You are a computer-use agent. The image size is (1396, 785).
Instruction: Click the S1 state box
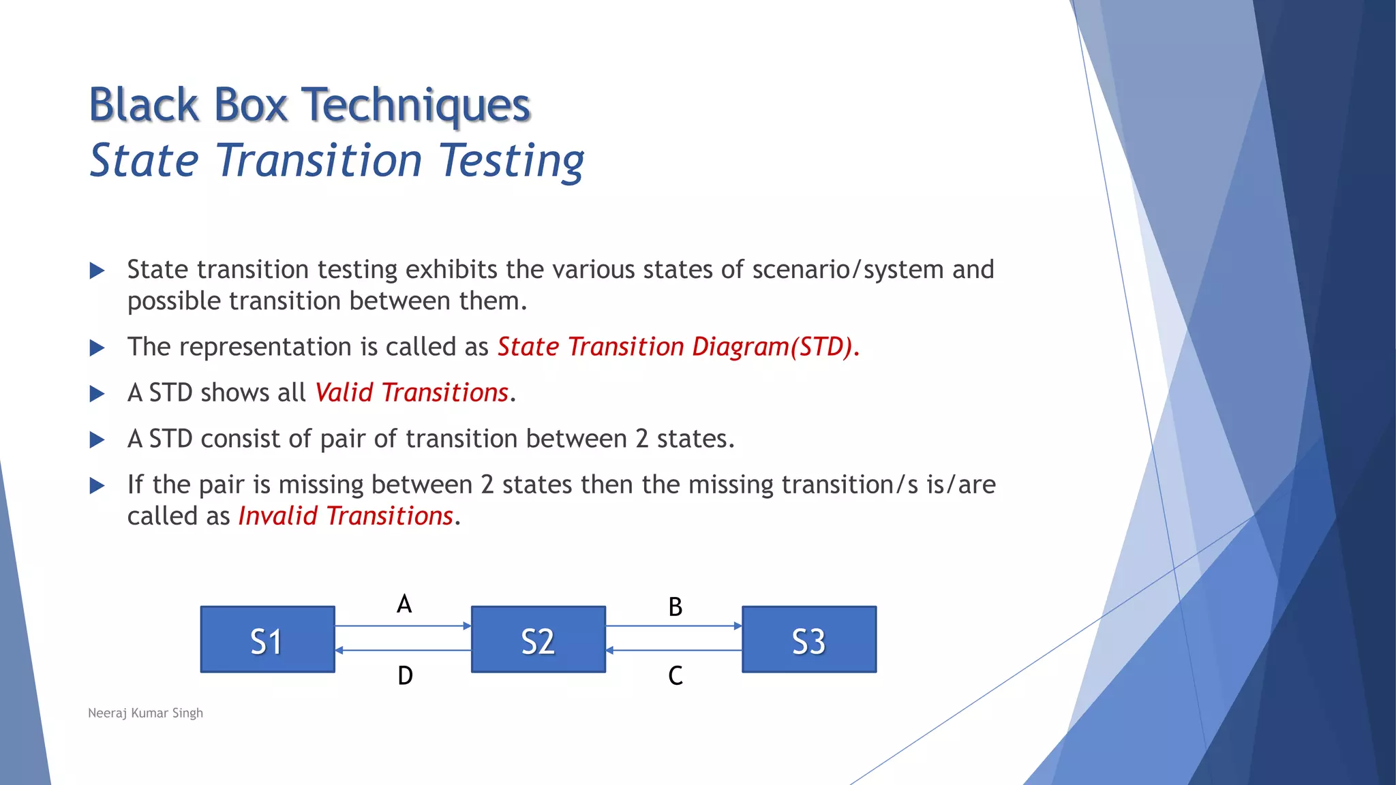[267, 639]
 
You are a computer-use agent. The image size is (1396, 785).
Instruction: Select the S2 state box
[538, 639]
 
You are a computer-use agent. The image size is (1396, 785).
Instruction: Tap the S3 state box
[808, 639]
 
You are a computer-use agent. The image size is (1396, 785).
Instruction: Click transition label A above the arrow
[404, 604]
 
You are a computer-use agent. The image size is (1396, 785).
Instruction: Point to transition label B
[675, 606]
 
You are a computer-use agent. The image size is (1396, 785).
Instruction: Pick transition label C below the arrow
[675, 675]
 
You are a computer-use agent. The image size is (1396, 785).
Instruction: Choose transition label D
[405, 675]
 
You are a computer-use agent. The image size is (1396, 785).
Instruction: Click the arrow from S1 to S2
[403, 626]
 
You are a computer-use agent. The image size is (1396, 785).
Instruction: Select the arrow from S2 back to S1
[403, 651]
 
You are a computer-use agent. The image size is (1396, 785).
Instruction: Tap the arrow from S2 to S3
[673, 626]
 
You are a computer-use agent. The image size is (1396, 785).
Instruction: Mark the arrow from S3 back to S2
[673, 651]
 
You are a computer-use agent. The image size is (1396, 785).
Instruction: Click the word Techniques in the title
[415, 106]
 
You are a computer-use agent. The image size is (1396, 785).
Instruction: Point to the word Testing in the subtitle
[511, 161]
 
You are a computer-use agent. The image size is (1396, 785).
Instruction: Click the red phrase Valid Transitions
[412, 392]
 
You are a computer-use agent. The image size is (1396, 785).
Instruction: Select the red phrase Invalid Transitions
[346, 516]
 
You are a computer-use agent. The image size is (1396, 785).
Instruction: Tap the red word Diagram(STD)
[772, 347]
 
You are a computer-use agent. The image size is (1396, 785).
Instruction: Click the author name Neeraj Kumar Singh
[145, 713]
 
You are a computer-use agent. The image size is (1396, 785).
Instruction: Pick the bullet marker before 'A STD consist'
[97, 440]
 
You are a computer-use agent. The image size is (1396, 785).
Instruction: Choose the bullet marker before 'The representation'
[97, 348]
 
